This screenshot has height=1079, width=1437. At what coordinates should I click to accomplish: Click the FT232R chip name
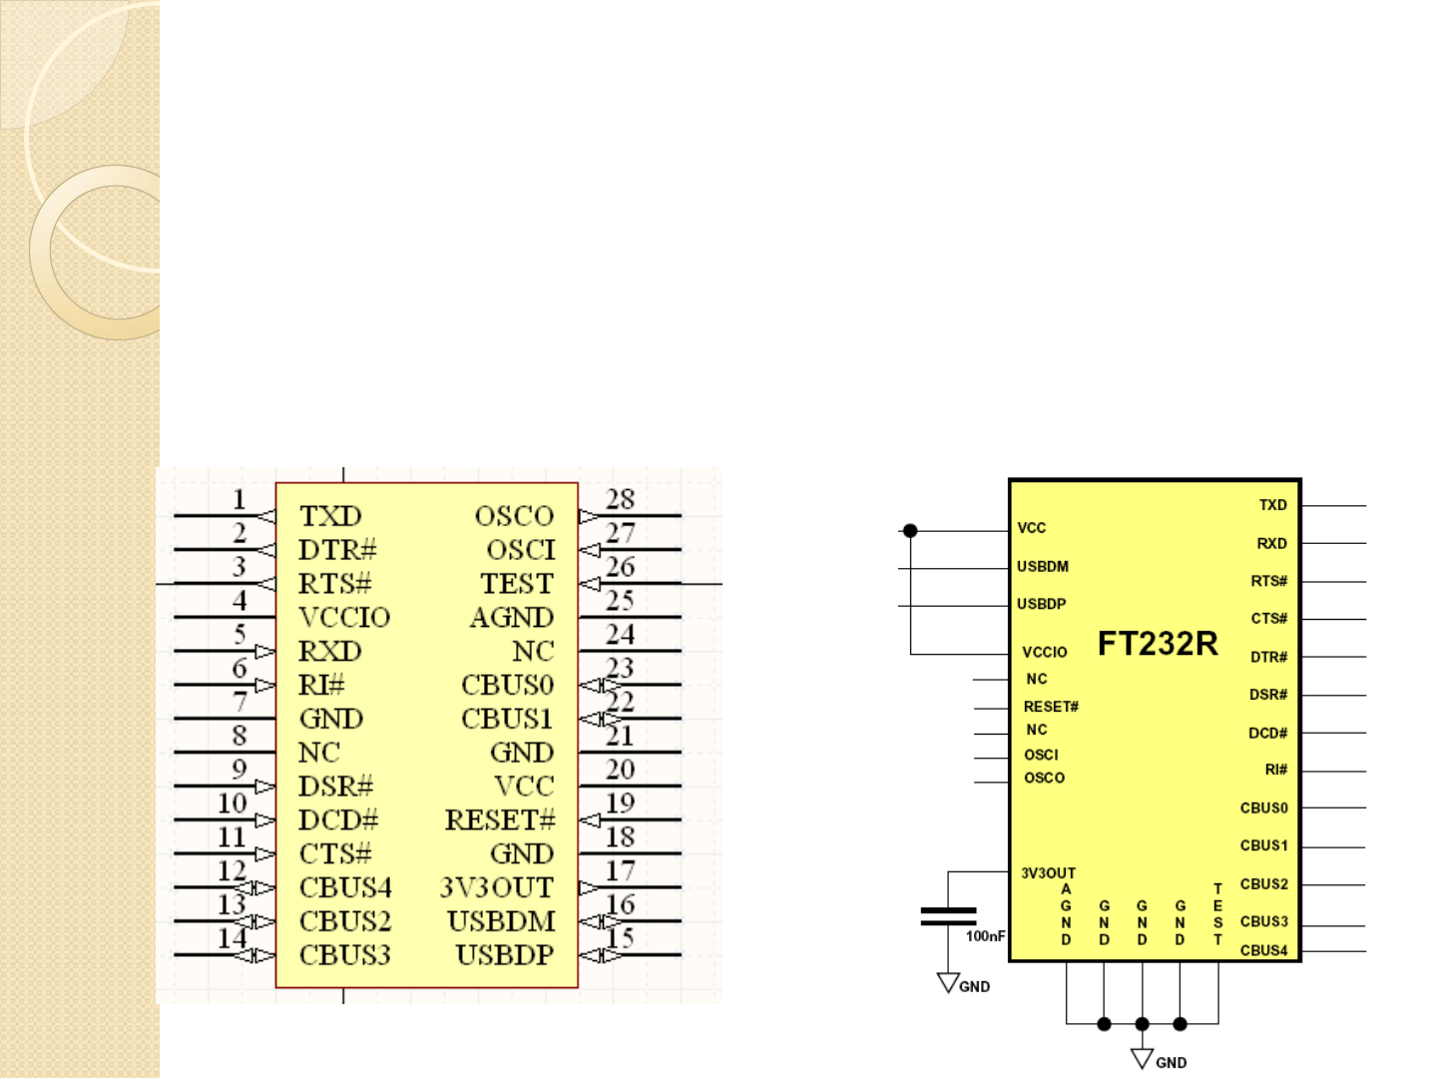1158,644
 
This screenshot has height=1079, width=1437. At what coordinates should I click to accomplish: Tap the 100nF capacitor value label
985,936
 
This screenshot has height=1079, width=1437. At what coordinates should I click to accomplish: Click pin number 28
620,498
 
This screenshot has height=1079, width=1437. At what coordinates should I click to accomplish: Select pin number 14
232,938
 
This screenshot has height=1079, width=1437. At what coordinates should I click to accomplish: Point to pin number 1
239,498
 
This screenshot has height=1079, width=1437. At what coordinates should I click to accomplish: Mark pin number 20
620,769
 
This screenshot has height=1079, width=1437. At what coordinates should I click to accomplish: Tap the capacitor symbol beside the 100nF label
948,916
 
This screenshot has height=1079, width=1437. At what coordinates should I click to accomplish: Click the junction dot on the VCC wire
910,531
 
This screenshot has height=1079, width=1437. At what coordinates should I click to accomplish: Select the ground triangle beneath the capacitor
948,983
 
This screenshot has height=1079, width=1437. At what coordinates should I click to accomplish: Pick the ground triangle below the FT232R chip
1142,1058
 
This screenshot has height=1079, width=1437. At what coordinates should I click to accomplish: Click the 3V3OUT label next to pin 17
496,887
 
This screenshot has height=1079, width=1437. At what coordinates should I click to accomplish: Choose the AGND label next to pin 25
511,618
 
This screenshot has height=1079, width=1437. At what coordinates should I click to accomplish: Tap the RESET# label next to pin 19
499,820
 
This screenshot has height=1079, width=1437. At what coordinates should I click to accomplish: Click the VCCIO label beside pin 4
344,618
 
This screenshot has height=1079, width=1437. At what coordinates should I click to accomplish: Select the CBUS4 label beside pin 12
345,887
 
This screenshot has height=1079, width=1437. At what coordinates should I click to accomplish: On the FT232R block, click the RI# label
1275,770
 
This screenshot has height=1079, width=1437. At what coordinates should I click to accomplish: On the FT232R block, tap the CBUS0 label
1263,808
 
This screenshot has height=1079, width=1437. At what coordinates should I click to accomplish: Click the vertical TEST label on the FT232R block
1217,913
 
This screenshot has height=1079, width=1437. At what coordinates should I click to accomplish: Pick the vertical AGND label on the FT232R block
1066,913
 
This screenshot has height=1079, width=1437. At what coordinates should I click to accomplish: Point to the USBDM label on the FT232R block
1043,567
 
